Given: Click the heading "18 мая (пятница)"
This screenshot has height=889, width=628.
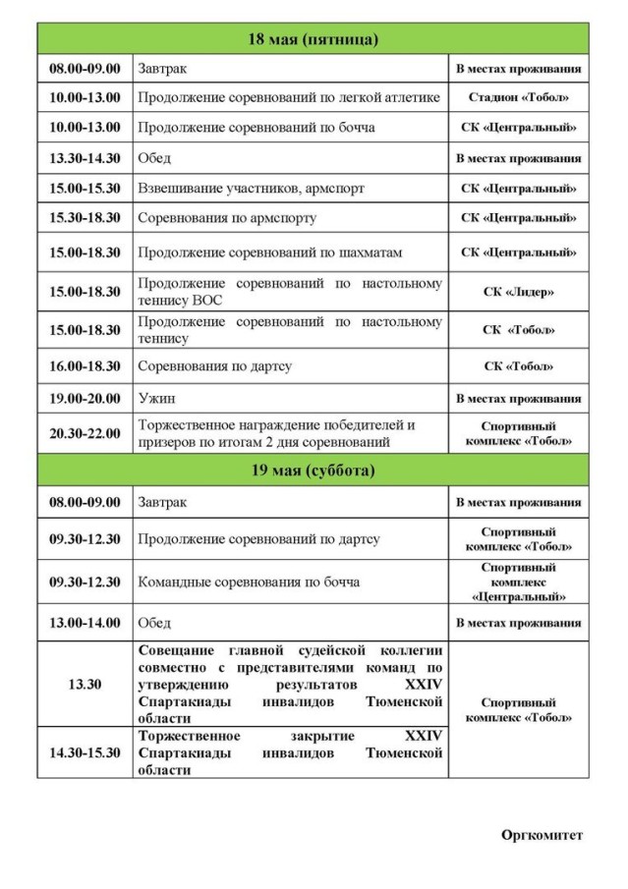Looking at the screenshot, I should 314,39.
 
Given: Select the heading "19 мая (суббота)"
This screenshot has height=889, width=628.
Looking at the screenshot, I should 314,470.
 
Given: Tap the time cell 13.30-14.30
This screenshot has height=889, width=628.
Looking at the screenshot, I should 86,157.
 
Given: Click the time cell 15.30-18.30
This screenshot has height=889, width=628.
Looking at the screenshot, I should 86,217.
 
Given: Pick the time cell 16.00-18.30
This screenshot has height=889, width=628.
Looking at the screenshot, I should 86,365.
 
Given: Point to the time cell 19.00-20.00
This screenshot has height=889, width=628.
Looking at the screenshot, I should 86,399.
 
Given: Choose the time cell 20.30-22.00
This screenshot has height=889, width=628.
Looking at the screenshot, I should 86,433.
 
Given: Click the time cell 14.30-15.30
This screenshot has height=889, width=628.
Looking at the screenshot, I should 86,752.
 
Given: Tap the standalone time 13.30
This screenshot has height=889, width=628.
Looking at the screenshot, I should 86,684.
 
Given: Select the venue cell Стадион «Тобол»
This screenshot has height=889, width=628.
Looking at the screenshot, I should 518,98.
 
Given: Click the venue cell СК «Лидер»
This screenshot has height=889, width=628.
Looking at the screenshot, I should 518,292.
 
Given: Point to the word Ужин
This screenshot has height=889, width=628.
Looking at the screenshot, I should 157,399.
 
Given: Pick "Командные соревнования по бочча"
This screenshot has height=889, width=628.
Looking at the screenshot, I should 249,582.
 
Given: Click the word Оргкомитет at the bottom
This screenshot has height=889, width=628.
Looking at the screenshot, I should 542,835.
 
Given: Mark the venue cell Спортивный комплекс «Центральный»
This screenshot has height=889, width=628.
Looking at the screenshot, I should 518,582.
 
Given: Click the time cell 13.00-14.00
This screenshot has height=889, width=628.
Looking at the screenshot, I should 86,623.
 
